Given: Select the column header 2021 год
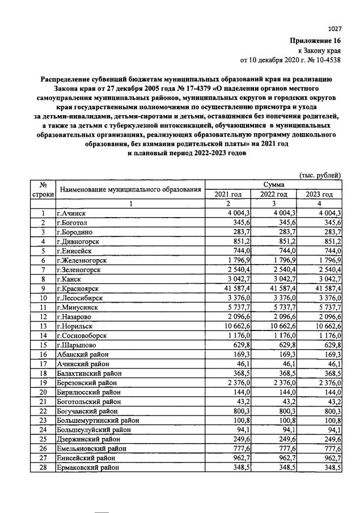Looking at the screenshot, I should (x=227, y=194).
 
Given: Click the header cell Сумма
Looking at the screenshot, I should (x=274, y=185).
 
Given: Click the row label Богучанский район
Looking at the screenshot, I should (x=87, y=410).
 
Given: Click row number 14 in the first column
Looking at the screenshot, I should (x=42, y=336).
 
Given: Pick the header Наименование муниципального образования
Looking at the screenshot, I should (x=130, y=189).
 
